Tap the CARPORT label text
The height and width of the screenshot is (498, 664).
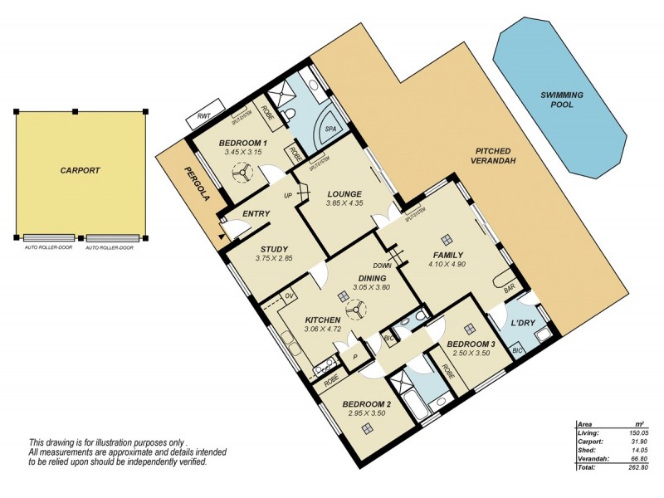pos(80,170)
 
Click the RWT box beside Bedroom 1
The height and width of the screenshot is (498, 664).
pos(201,118)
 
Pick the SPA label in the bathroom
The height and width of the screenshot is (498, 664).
pos(330,129)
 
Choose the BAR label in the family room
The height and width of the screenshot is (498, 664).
pos(510,289)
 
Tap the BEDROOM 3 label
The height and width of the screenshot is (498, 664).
pos(471,344)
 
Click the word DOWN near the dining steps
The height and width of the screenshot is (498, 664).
pos(382,266)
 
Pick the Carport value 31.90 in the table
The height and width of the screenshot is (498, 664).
pos(637,441)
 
